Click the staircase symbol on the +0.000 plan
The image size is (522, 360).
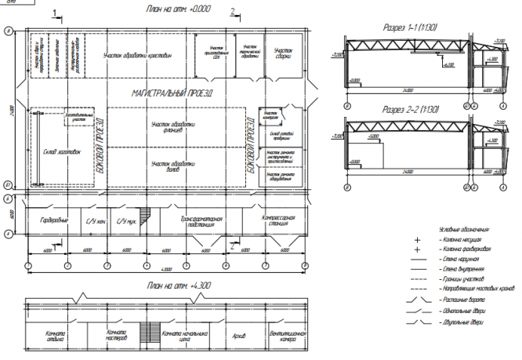pyautogui.click(x=143, y=216)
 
